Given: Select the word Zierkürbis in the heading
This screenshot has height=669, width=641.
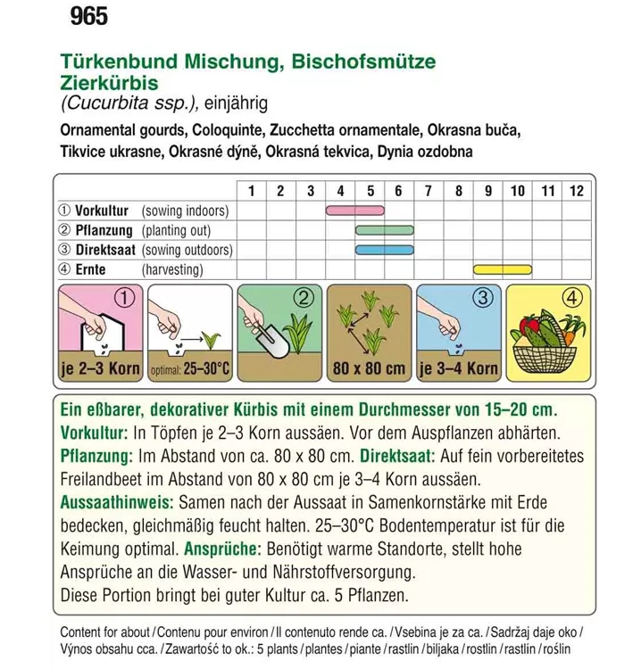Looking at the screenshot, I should (110, 83).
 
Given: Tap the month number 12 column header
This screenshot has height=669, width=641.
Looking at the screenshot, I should (577, 190).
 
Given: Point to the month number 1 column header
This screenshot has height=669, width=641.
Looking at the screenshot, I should (251, 190).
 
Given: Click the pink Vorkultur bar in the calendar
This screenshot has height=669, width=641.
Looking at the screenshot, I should (354, 211).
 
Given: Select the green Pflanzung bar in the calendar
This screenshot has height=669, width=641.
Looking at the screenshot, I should (385, 230).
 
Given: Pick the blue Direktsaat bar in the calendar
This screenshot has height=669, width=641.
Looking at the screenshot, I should (385, 250).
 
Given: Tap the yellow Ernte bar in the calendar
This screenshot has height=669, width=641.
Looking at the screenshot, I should (502, 269).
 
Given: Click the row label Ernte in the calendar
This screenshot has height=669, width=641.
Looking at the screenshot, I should (91, 269).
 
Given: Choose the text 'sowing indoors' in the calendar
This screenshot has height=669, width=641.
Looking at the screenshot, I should (186, 211).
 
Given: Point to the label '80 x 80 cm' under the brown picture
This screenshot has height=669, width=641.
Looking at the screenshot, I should (368, 368).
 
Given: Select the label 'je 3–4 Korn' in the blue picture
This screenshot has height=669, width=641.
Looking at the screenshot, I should (458, 368).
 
